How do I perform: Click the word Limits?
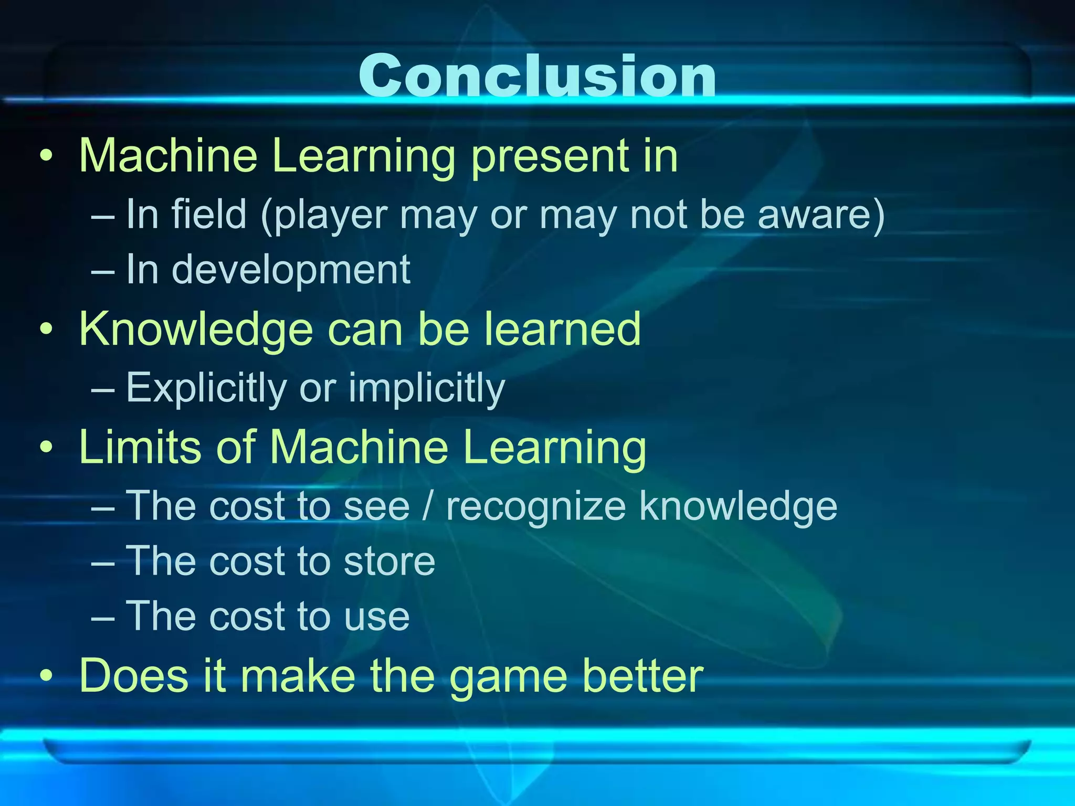[x=140, y=447]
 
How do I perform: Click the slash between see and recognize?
[x=428, y=506]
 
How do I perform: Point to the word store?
[x=389, y=561]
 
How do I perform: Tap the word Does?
[x=134, y=676]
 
